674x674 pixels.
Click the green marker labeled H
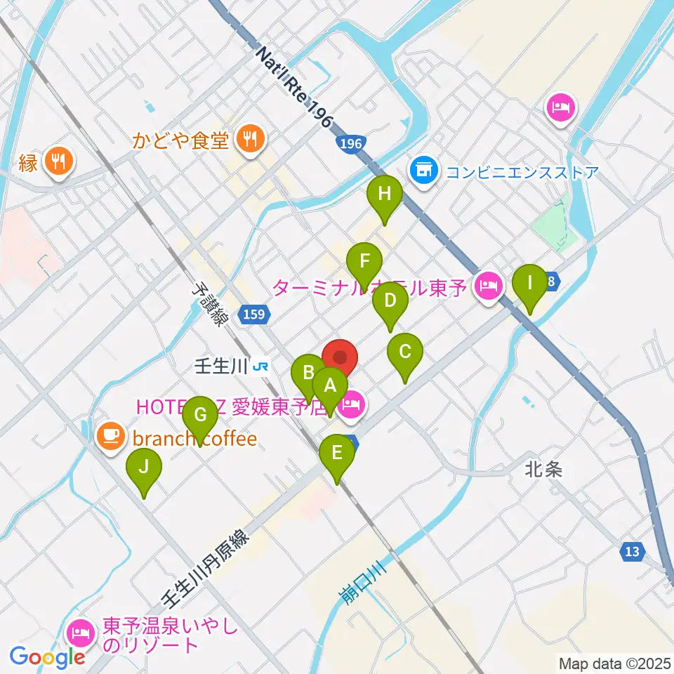click(384, 194)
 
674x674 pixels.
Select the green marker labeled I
click(529, 284)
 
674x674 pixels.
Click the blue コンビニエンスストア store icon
click(423, 171)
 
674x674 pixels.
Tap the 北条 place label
click(543, 470)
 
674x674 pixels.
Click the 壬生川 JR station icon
click(260, 366)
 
